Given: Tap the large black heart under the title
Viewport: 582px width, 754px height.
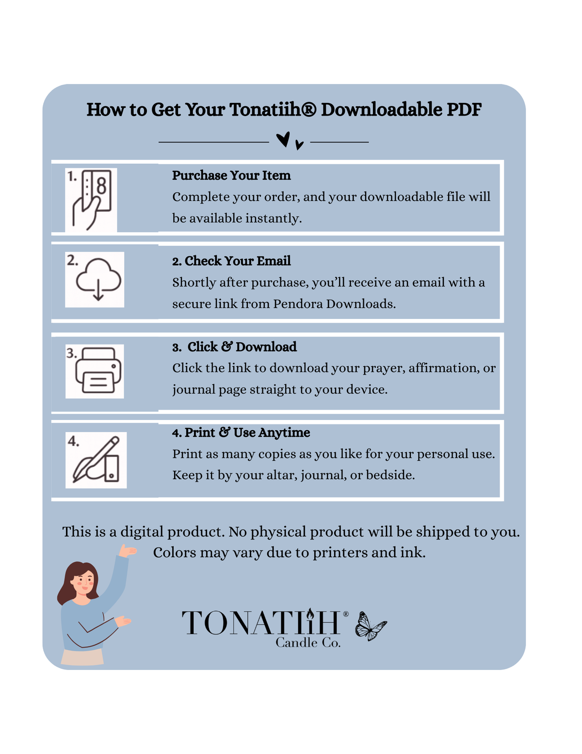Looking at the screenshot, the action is click(283, 139).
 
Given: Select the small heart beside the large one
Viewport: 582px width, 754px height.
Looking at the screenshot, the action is click(299, 145).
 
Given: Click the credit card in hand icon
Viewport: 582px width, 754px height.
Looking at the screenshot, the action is click(92, 200).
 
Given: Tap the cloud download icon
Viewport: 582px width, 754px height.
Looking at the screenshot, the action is click(98, 279).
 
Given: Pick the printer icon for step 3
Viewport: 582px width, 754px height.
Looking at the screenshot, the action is click(98, 370).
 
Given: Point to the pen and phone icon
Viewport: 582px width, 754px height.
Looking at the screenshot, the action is click(96, 459).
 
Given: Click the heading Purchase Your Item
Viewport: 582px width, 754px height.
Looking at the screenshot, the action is click(231, 176).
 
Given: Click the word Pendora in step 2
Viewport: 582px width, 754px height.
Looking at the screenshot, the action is click(298, 304).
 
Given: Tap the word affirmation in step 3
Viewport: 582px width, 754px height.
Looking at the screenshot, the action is click(443, 368).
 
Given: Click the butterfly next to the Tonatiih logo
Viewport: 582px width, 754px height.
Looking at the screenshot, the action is click(371, 626).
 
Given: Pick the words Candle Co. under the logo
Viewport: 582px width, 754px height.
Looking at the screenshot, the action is click(308, 643).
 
